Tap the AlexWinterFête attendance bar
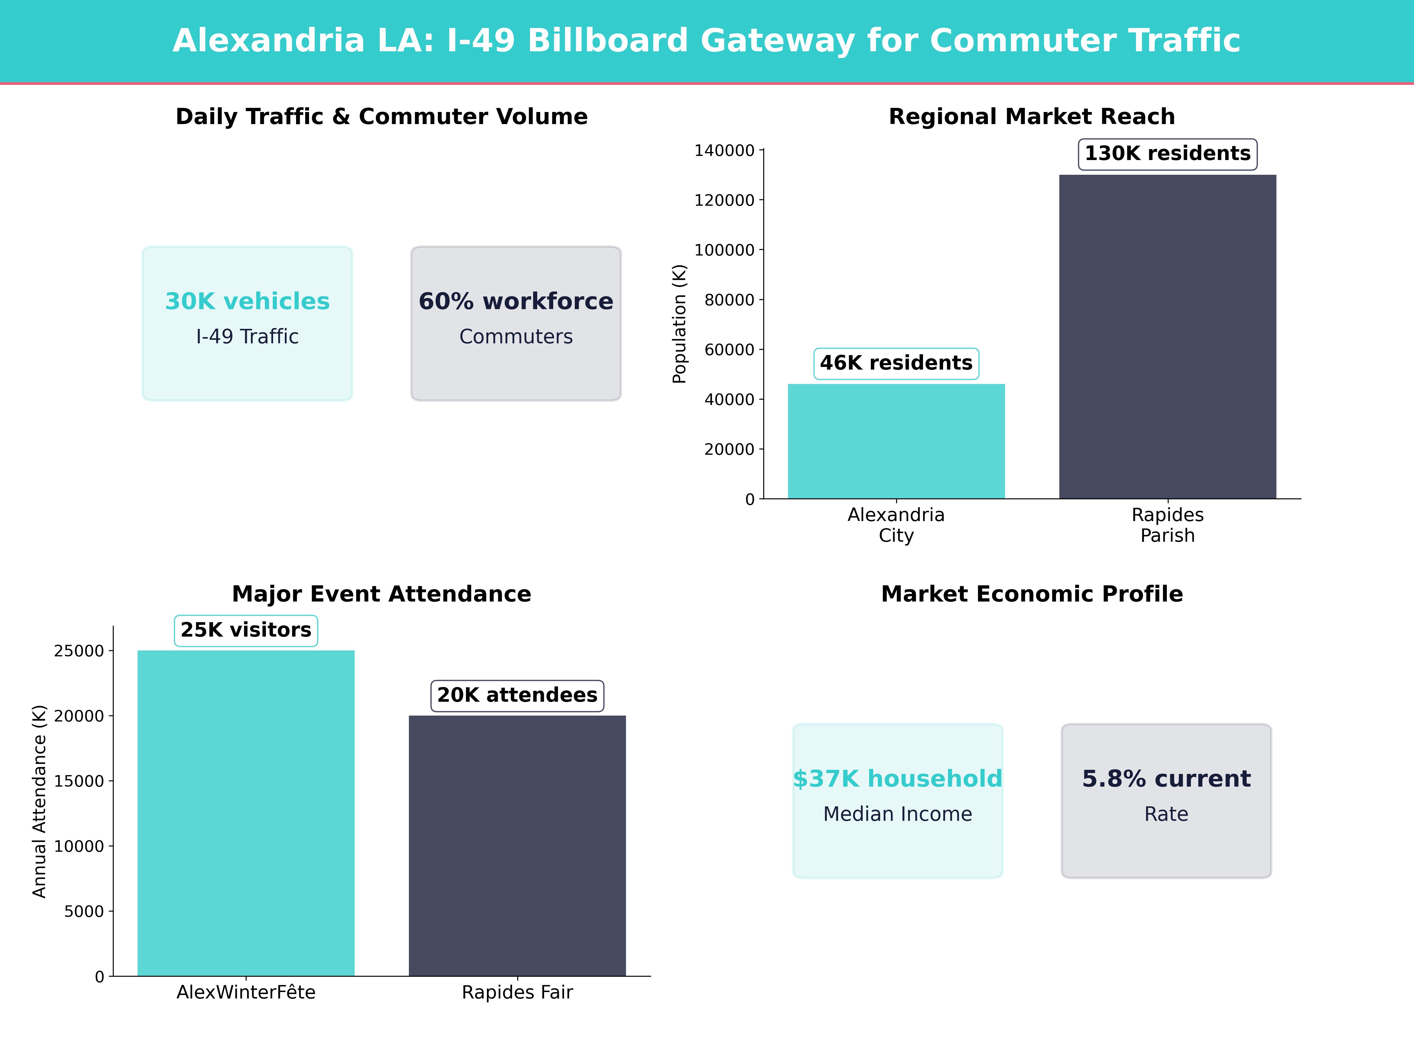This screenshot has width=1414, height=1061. [246, 813]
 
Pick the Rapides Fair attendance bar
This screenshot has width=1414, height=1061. [517, 846]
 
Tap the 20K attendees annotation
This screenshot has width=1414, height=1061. [517, 695]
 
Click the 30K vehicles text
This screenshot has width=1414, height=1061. [247, 301]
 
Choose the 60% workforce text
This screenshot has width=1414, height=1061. [516, 301]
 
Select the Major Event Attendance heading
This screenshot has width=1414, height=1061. [381, 594]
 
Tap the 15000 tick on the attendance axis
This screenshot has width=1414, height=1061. [79, 781]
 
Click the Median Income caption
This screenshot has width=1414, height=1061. [898, 814]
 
